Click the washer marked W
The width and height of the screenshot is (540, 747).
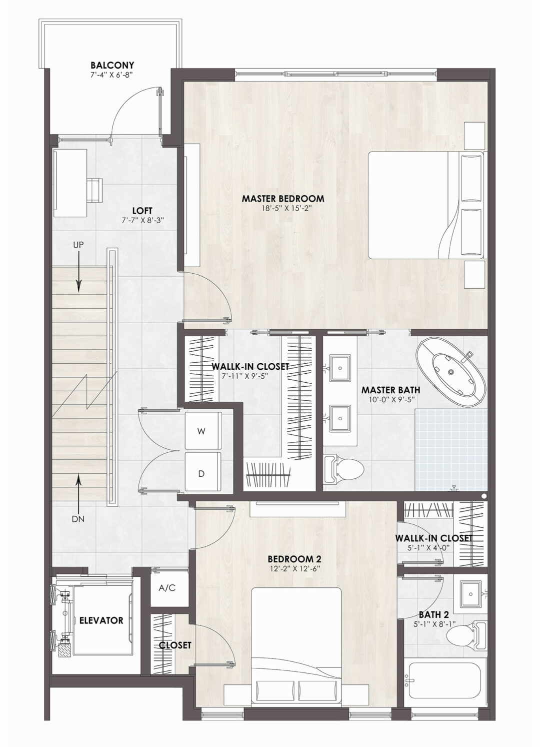tap(202, 431)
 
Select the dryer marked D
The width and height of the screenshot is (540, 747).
tap(202, 473)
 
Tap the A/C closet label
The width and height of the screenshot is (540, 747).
tap(167, 588)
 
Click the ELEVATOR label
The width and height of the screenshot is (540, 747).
tap(101, 620)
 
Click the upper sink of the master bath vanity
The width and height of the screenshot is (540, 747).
tap(340, 368)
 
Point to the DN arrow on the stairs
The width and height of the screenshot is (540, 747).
tap(78, 488)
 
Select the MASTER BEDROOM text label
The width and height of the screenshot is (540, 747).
tap(282, 199)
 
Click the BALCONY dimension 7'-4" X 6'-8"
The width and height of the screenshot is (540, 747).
tap(112, 75)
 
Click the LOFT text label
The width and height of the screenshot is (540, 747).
tap(142, 211)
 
